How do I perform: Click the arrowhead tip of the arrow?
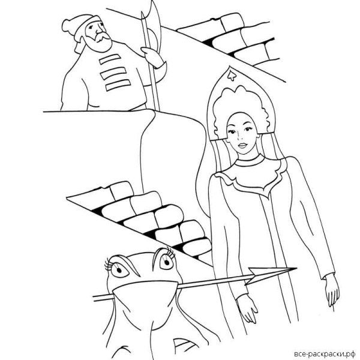click(x=296, y=268)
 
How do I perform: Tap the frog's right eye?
click(x=166, y=261)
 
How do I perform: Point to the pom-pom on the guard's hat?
click(x=67, y=25)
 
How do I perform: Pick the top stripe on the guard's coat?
click(x=110, y=59)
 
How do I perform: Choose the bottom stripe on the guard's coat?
click(x=118, y=85)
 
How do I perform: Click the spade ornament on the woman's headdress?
click(x=231, y=76)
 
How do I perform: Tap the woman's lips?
click(x=243, y=145)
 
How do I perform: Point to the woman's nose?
click(x=241, y=137)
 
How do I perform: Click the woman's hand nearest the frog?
click(x=247, y=308)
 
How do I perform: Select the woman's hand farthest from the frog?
click(x=332, y=290)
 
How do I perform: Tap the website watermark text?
click(x=325, y=353)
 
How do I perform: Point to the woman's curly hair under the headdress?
click(x=239, y=108)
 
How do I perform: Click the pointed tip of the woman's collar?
click(x=268, y=197)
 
